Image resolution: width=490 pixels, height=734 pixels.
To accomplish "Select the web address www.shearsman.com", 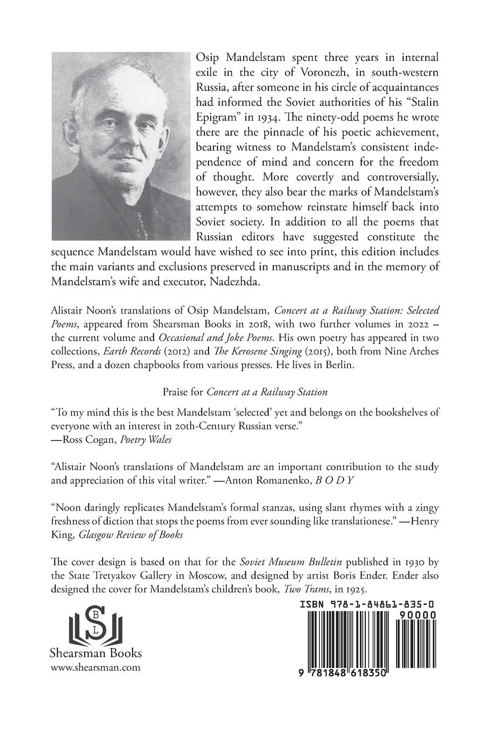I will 95,668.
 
